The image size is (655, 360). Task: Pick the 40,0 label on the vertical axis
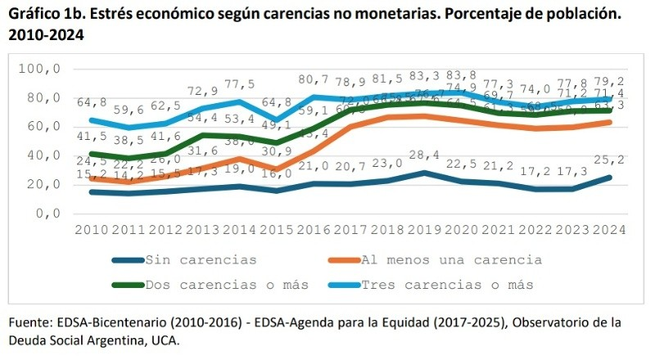coord(44,155)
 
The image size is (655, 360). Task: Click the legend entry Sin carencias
coord(200,260)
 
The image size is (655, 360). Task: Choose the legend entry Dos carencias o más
coord(227,285)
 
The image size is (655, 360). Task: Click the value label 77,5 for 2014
coord(239,84)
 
